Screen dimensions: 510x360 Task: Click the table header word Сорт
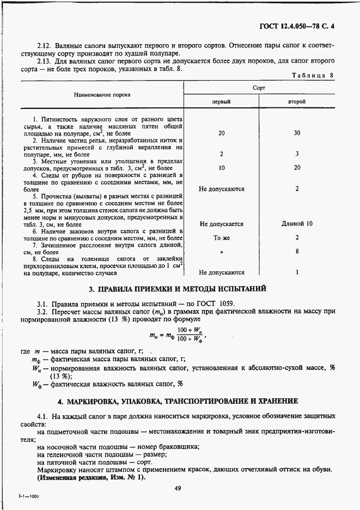point(259,87)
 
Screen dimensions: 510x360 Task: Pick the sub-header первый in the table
point(221,102)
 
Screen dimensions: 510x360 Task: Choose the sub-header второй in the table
point(297,102)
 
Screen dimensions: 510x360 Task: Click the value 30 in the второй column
point(297,133)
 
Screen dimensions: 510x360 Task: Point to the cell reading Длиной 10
point(297,224)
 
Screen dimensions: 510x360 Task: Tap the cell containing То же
point(221,238)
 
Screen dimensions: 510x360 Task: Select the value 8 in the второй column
point(297,252)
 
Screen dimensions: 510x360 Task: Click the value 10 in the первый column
point(221,168)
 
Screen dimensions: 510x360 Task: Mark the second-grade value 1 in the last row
point(297,272)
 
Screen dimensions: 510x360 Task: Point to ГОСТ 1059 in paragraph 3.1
point(223,303)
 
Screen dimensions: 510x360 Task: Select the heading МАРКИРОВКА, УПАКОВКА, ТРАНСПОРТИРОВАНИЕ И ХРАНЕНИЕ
point(178,401)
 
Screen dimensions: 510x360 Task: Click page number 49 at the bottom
point(178,488)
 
